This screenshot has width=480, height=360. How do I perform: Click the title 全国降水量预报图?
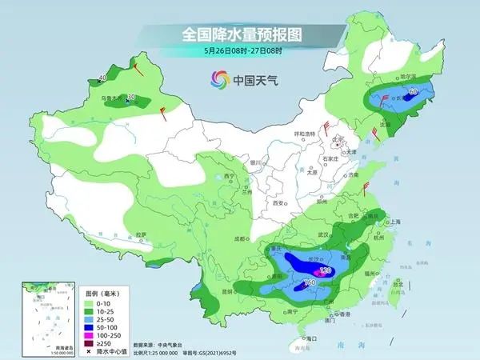pos(240,34)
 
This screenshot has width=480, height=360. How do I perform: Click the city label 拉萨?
pos(141,234)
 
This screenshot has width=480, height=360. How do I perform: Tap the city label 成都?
pos(238,238)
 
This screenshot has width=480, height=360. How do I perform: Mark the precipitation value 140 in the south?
pos(309,284)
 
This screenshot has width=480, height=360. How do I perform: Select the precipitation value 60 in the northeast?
pos(414,93)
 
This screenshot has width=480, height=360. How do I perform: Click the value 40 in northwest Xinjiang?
pos(101,79)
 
